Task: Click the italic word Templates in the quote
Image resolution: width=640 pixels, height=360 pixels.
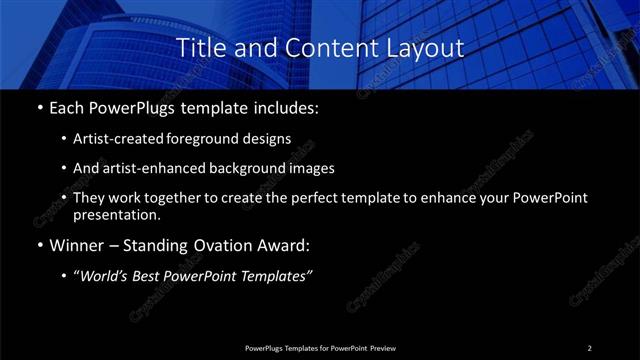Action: pos(279,277)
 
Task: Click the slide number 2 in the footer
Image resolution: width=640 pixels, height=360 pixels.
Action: pos(589,347)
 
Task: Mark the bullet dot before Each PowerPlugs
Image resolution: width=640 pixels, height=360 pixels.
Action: pos(39,108)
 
